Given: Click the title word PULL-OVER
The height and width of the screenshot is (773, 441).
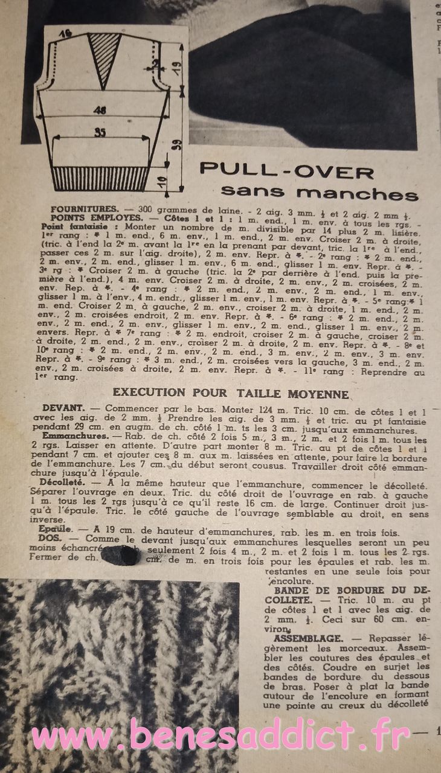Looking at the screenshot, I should pos(287,170).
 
